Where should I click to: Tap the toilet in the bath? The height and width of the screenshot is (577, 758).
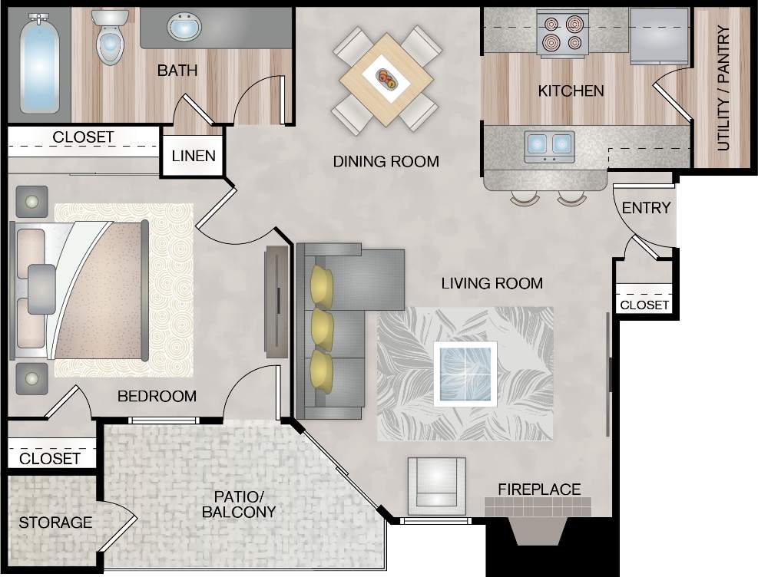pos(110,38)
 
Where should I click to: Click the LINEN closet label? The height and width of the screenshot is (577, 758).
pos(194,156)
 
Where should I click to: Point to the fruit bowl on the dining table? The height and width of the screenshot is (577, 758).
pos(386,78)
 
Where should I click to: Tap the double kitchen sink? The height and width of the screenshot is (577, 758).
pos(549,144)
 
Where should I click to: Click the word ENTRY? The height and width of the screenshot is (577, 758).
pos(646,208)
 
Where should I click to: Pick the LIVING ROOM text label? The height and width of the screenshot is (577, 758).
pos(492,283)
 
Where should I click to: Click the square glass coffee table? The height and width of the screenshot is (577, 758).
pos(465,374)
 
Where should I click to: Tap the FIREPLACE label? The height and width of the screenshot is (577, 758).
pos(539,489)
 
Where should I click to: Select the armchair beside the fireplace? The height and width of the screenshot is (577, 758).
pos(436,485)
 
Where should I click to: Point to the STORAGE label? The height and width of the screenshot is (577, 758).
pos(55,523)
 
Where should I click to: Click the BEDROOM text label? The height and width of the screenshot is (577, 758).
pos(157,397)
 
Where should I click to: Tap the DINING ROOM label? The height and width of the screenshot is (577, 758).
pos(386,161)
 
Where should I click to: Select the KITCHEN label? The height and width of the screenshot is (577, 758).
pos(571,91)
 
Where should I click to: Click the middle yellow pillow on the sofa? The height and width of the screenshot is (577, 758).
pos(321,328)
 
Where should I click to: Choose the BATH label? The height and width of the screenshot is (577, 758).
pos(177,71)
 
